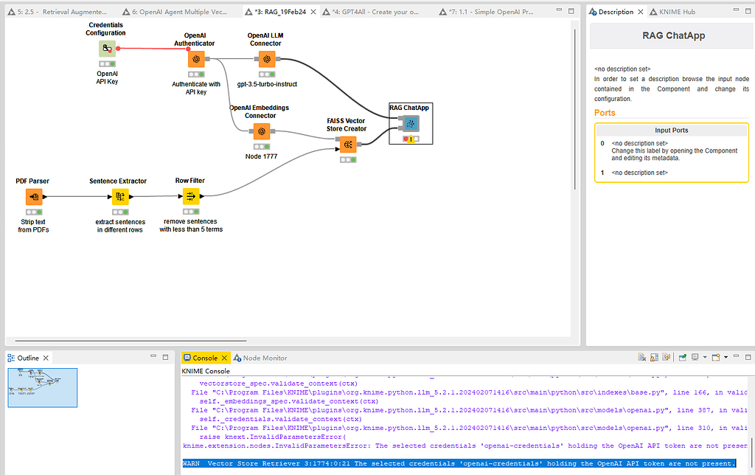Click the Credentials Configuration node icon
click(108, 49)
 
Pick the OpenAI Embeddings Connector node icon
click(260, 131)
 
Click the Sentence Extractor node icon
click(119, 196)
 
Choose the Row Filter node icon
click(190, 196)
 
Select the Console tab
click(204, 358)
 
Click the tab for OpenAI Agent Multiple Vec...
click(184, 13)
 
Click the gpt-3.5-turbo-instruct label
click(267, 84)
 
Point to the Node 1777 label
click(260, 156)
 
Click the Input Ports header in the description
click(670, 130)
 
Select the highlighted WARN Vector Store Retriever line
click(459, 463)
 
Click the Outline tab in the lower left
click(27, 358)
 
